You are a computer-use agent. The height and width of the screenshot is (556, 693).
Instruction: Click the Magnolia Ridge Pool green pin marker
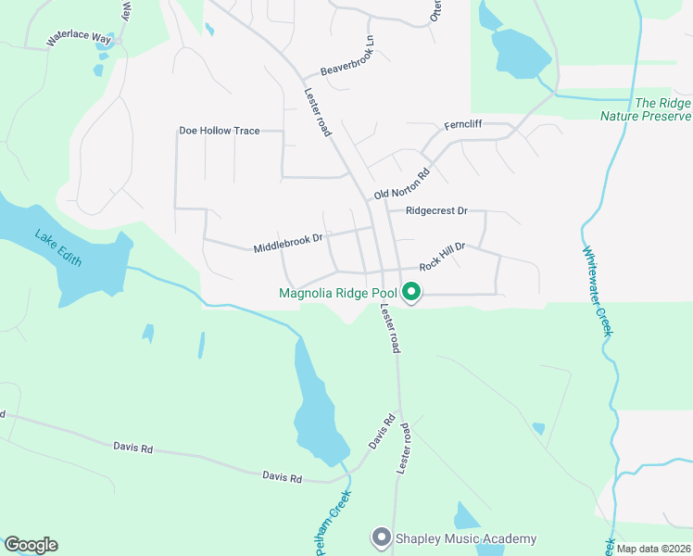tap(410, 294)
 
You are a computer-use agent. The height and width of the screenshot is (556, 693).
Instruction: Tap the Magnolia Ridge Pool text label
tap(337, 294)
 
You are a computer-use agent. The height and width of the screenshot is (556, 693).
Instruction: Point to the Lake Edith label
tap(58, 247)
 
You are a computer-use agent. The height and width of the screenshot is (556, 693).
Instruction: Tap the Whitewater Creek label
tap(598, 290)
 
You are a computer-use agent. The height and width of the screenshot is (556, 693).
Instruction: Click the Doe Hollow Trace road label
tap(220, 131)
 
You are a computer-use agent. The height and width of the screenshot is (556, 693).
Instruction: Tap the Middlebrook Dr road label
tap(287, 244)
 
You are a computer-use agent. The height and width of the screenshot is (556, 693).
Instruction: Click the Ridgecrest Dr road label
tap(429, 211)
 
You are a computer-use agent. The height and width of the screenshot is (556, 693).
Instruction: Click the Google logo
tap(31, 545)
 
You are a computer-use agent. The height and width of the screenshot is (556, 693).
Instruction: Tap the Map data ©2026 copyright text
tap(653, 549)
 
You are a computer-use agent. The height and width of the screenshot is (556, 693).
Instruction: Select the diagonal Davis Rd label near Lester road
tap(382, 433)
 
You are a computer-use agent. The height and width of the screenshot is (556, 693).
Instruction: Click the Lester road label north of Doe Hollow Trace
tap(317, 112)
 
